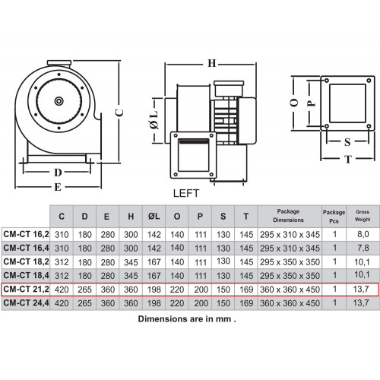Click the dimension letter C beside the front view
click(119, 112)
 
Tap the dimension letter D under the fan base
click(58, 173)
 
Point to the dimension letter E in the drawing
click(58, 187)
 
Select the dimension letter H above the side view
click(212, 63)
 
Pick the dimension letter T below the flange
click(348, 159)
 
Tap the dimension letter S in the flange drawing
click(347, 142)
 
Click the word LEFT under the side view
click(186, 193)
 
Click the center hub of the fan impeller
click(59, 101)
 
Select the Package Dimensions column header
click(288, 216)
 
